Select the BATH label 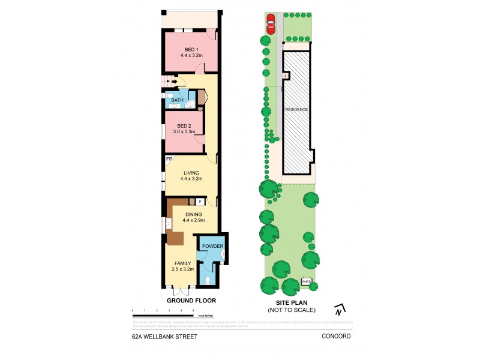177,100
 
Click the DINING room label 193,214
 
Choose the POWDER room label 212,247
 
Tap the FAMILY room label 182,263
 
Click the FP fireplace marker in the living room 169,159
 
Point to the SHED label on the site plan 307,281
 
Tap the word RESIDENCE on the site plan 296,109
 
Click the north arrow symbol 339,310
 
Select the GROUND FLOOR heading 191,300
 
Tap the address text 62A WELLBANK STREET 164,337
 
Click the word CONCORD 336,337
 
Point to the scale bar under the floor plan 163,314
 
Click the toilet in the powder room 208,280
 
